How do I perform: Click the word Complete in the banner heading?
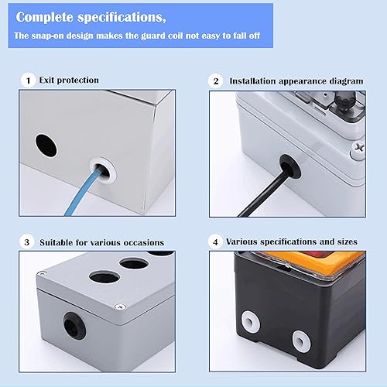(45, 18)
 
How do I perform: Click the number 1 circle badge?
(28, 80)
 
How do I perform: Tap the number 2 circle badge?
(216, 81)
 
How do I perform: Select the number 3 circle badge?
(27, 242)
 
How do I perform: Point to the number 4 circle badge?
(215, 241)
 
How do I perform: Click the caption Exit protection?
(69, 80)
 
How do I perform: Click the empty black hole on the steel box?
(46, 146)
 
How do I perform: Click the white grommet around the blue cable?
(103, 170)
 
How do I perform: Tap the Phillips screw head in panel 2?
(358, 149)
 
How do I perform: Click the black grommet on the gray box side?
(74, 326)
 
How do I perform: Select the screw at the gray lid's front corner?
(120, 307)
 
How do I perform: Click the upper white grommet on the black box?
(251, 321)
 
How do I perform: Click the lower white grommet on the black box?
(301, 341)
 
